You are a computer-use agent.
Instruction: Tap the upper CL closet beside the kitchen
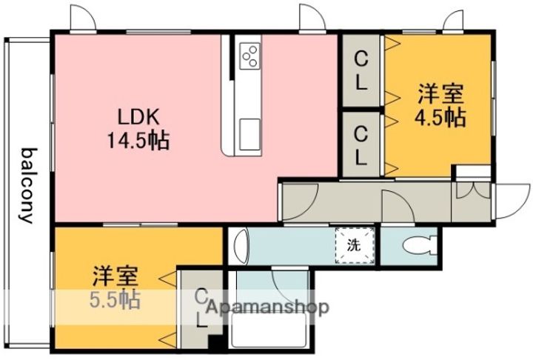[x=361, y=70]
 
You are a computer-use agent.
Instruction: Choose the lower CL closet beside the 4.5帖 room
[x=361, y=144]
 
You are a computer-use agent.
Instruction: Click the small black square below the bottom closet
[x=215, y=343]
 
